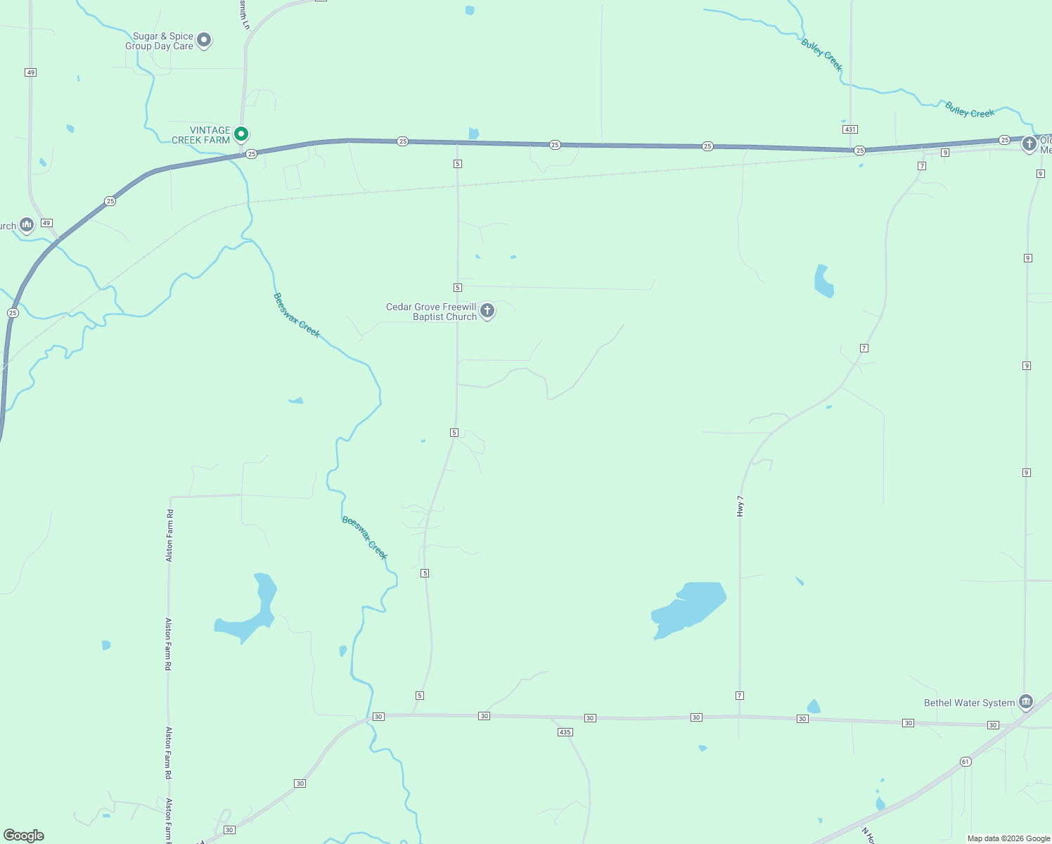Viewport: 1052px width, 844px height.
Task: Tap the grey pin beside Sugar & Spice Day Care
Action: click(x=204, y=40)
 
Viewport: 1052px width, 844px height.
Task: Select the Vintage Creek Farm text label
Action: click(x=201, y=135)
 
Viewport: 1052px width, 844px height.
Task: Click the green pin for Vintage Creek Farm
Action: click(x=241, y=134)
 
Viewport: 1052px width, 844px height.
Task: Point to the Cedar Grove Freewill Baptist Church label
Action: click(x=431, y=312)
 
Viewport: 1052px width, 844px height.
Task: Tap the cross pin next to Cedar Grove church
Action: click(x=487, y=310)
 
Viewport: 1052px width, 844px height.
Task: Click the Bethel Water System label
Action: click(x=969, y=703)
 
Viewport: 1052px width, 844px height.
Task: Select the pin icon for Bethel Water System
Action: click(x=1026, y=702)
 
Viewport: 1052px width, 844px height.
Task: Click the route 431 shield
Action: click(x=850, y=129)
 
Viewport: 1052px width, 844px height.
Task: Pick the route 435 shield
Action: click(x=565, y=732)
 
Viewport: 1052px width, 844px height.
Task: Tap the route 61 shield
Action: click(x=966, y=762)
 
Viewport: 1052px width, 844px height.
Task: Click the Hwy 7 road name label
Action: click(x=740, y=506)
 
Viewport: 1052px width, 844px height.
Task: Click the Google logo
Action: click(x=24, y=836)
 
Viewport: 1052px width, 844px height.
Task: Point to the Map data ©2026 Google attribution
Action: click(x=1008, y=838)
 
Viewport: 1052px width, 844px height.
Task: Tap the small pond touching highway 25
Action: click(x=473, y=134)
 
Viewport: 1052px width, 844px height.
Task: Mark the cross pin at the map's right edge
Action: click(x=1029, y=145)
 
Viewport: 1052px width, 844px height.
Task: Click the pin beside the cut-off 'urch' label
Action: click(x=27, y=225)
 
